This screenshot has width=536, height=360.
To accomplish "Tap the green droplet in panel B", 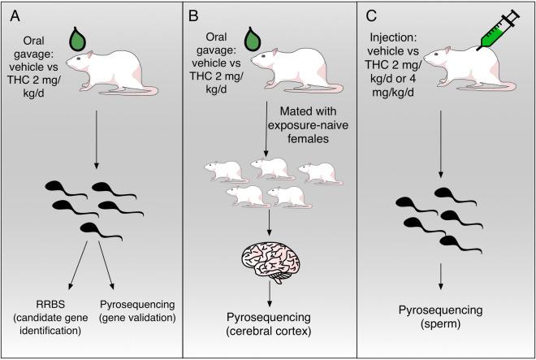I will click(253, 38).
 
